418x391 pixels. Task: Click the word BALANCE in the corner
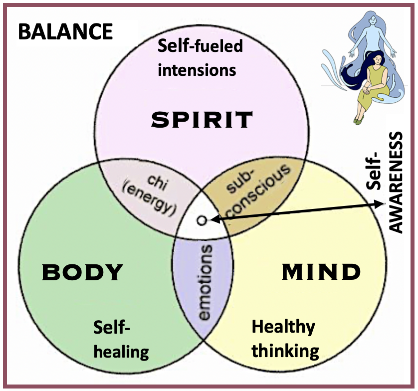coord(65,32)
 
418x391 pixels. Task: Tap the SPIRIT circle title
coord(202,120)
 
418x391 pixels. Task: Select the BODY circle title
coord(82,272)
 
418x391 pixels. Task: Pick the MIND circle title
coord(321,272)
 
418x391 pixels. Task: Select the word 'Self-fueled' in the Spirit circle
coord(200,47)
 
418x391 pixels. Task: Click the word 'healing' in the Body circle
coord(121,352)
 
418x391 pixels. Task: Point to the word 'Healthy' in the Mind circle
coord(283,327)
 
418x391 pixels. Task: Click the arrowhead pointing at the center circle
coord(213,218)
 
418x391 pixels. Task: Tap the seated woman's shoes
coord(358,119)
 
